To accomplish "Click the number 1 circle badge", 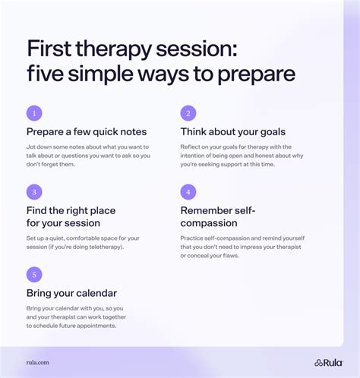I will pyautogui.click(x=34, y=113).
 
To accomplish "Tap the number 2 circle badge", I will pyautogui.click(x=188, y=113).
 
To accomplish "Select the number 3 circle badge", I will pyautogui.click(x=34, y=192).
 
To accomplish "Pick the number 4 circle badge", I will pyautogui.click(x=188, y=192).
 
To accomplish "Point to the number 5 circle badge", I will pyautogui.click(x=34, y=275).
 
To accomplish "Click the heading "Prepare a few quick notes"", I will pyautogui.click(x=87, y=132).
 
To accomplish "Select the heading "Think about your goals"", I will pyautogui.click(x=236, y=132).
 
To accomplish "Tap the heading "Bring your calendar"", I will pyautogui.click(x=71, y=293).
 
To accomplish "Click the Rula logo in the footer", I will pyautogui.click(x=329, y=362).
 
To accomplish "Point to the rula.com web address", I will pyautogui.click(x=38, y=363).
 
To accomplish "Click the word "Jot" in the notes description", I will pyautogui.click(x=32, y=146).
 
